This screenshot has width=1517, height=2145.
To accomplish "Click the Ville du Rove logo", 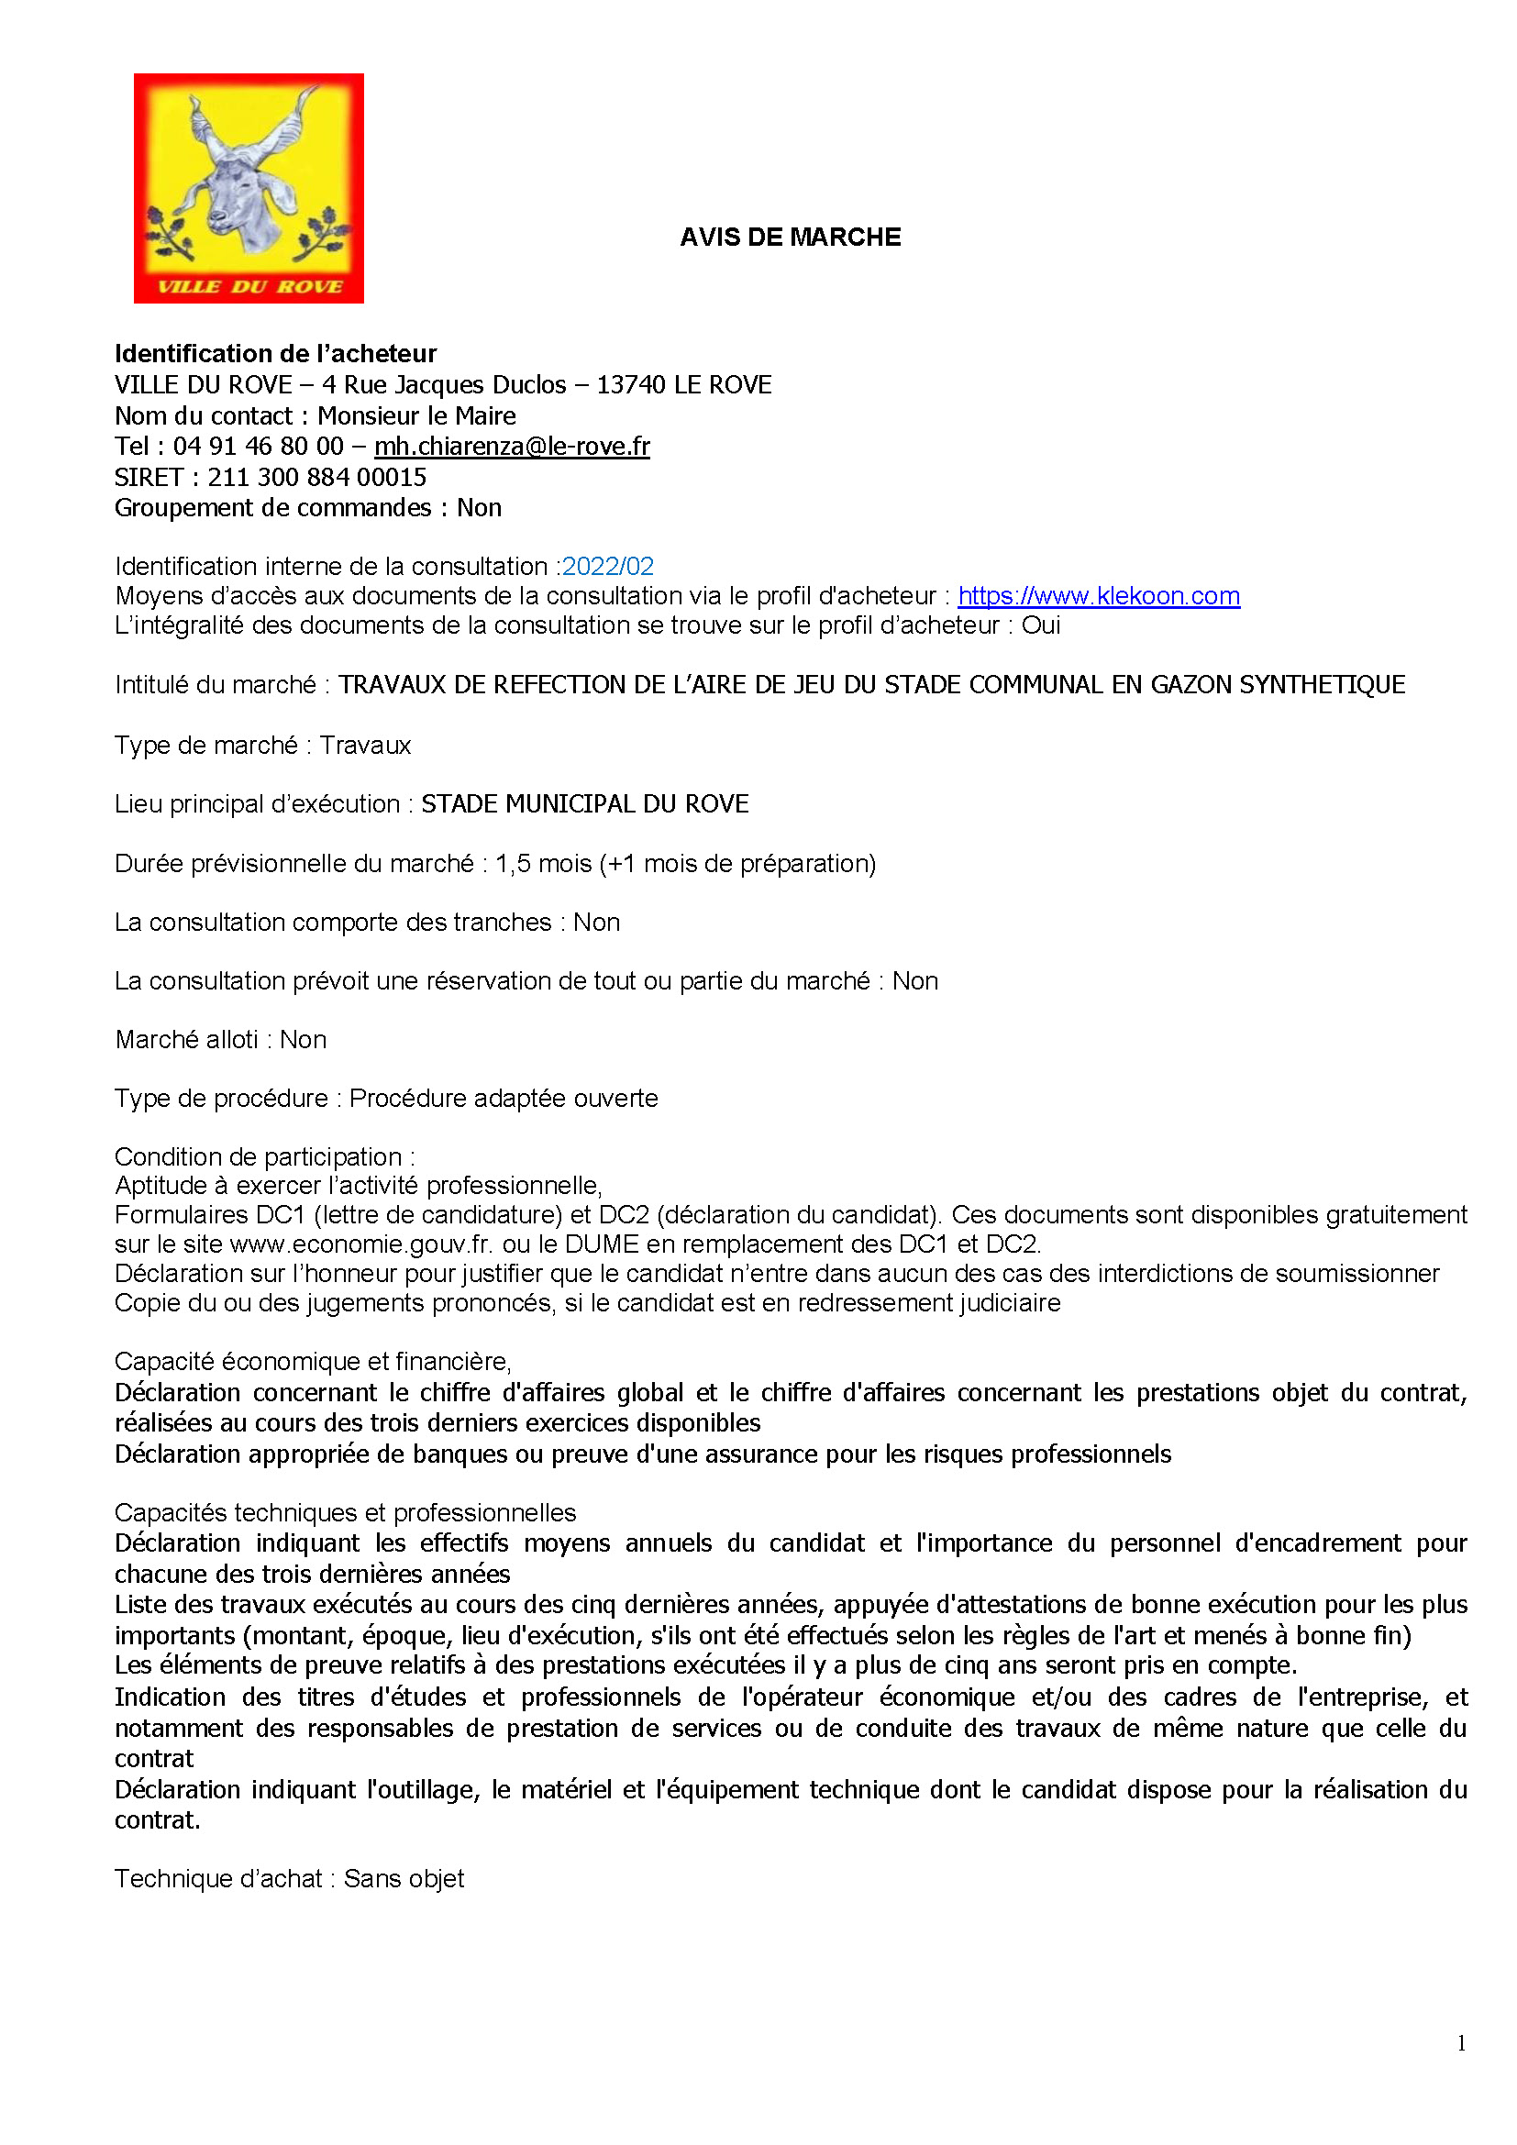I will click(249, 188).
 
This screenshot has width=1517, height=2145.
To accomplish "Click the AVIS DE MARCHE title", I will click(791, 238).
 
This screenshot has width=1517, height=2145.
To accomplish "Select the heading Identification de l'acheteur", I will click(275, 353).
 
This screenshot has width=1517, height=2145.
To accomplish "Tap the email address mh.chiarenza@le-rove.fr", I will click(512, 447).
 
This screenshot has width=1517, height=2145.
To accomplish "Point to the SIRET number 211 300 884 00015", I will click(316, 478).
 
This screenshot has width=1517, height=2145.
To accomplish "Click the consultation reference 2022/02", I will click(608, 566).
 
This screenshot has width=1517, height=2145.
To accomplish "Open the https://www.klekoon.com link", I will click(1099, 596).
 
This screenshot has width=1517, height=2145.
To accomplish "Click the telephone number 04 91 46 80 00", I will click(259, 447).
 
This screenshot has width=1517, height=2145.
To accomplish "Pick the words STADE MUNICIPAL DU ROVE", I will click(585, 804).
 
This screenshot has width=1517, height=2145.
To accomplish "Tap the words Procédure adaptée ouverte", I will click(504, 1098).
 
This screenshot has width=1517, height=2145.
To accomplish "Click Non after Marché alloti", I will click(304, 1040).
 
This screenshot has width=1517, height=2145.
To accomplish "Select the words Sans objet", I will click(404, 1879).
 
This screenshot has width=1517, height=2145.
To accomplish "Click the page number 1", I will click(1461, 2043).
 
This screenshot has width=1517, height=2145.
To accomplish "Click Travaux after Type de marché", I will click(365, 746).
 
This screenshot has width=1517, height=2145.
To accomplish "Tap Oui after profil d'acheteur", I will click(1041, 625).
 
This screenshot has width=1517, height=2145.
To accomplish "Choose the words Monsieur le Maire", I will click(416, 415).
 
